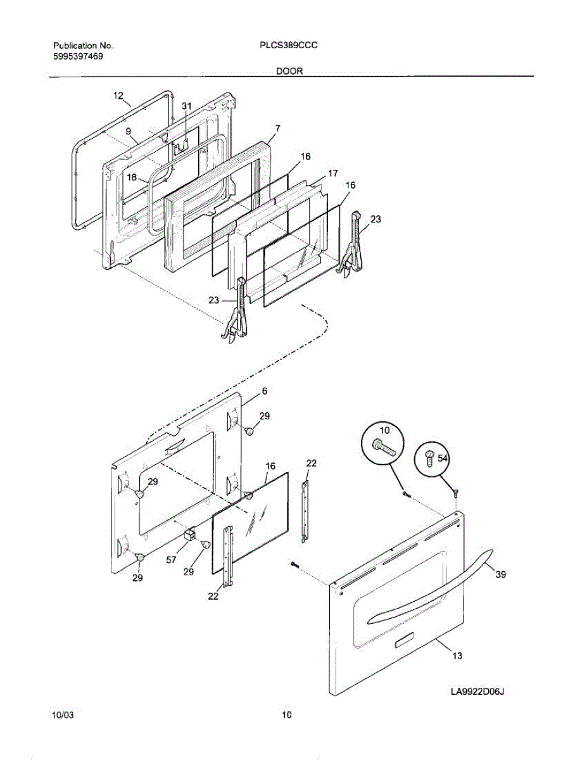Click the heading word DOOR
289,72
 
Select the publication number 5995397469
78,56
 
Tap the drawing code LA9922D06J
476,693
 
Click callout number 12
118,96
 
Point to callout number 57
171,560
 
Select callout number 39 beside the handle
500,575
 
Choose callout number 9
128,132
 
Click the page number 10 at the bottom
287,716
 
